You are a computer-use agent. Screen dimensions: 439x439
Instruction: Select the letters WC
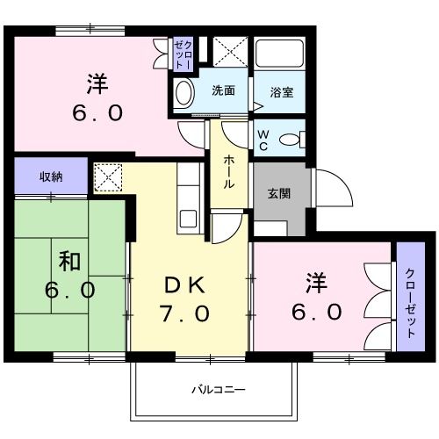click(263, 138)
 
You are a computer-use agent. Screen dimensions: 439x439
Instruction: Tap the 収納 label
click(50, 177)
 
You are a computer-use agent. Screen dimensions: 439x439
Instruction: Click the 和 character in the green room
click(71, 261)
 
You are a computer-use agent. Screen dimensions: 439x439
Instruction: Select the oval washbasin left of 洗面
click(184, 93)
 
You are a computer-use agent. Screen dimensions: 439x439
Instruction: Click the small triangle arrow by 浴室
click(257, 107)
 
